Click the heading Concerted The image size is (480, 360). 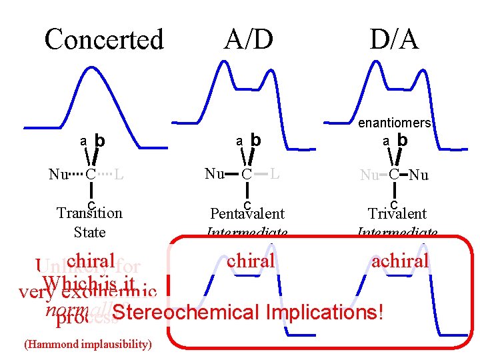point(104,39)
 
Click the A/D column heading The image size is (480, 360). point(249,39)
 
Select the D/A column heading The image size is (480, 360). point(395,39)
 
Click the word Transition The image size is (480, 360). point(89,213)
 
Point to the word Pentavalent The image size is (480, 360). point(247,214)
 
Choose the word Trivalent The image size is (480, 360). point(397,214)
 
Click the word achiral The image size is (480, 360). point(401,261)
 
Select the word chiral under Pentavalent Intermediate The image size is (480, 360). point(251,261)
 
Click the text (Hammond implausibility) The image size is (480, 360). point(87,344)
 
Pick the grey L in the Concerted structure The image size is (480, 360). point(118,175)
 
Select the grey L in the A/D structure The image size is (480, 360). point(275,174)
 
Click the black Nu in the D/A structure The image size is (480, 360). point(418,175)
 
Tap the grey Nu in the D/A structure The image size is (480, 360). point(369,175)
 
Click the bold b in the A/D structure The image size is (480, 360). point(254,140)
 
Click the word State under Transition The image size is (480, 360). point(89,232)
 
